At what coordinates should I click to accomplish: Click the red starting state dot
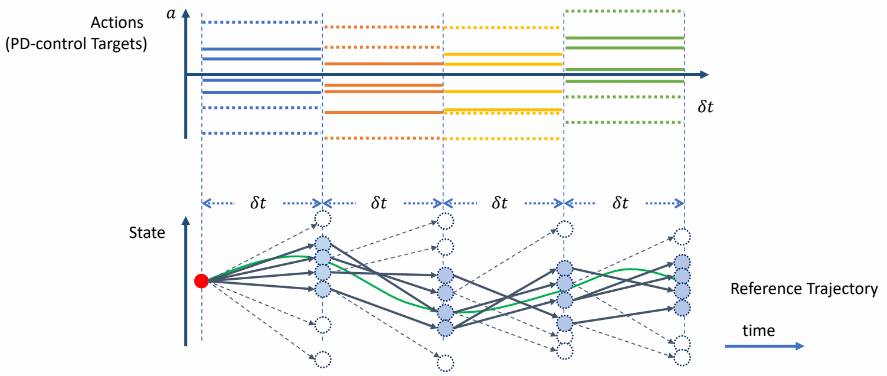201,282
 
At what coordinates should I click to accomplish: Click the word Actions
117,23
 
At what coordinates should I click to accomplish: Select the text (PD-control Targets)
76,44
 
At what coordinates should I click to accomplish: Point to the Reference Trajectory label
804,289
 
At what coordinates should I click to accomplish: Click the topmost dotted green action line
624,11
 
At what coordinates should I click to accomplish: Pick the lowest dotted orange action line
384,138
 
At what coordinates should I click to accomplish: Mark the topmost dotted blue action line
261,22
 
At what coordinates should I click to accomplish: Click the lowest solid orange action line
384,112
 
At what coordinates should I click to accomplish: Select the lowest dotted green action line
624,122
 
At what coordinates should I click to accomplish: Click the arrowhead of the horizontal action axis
703,75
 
